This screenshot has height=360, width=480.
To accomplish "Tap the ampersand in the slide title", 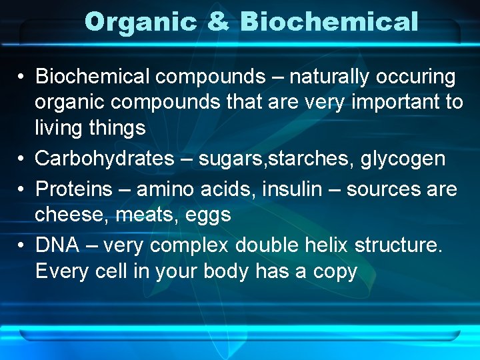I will [218, 22].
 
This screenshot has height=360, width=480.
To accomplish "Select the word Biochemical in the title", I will [329, 22].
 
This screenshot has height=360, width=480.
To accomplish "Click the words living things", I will [90, 127].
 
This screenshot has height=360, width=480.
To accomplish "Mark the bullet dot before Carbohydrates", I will [22, 159].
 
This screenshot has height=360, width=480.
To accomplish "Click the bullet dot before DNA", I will [22, 246].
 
